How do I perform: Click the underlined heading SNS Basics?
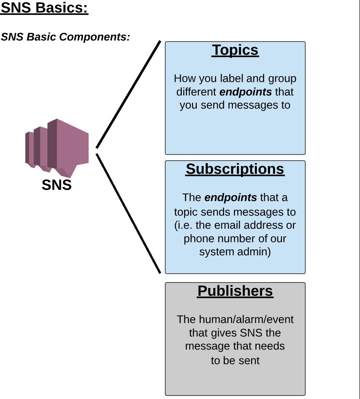(x=44, y=8)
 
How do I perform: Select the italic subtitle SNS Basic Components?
(x=65, y=37)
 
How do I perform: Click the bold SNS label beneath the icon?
(x=56, y=185)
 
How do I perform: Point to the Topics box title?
(x=235, y=50)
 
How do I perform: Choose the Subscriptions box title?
(x=235, y=169)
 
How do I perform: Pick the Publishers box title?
(x=235, y=291)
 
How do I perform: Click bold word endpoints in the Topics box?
(x=246, y=92)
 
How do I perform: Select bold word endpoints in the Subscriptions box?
(x=231, y=198)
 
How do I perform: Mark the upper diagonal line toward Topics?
(x=128, y=95)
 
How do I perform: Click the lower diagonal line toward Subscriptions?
(x=128, y=213)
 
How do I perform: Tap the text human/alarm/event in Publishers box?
(x=246, y=319)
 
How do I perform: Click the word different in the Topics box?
(x=196, y=92)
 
